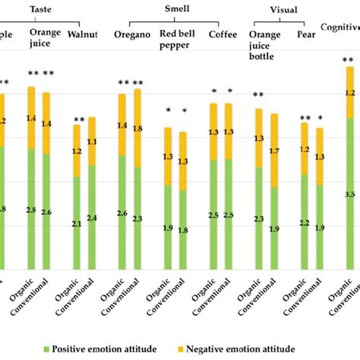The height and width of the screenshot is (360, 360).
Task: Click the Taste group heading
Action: click(40, 7)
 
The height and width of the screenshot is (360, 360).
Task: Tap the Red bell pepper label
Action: click(176, 40)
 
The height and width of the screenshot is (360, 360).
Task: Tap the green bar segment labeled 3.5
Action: click(349, 194)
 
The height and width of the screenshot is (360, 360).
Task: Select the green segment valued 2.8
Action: click(31, 208)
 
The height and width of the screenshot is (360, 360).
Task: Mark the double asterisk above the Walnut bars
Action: click(79, 119)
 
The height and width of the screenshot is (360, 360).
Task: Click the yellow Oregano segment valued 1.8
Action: click(137, 128)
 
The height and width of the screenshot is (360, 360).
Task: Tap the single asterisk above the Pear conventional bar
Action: click(320, 118)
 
